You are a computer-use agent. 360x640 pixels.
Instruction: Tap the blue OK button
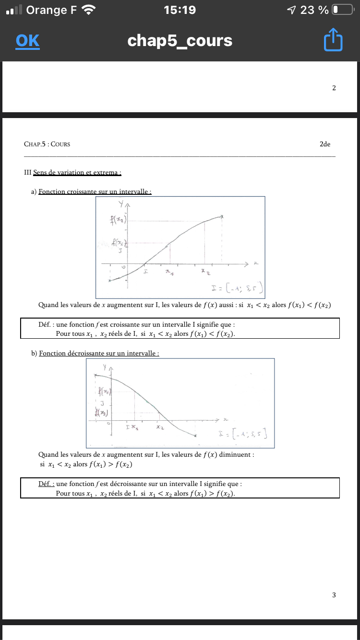pos(27,41)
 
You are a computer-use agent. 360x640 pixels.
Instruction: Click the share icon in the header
pos(333,40)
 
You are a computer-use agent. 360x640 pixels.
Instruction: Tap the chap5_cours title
pos(180,41)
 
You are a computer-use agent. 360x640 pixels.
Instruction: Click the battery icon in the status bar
pos(342,10)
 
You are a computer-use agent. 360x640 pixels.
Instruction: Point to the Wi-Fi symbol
pos(89,10)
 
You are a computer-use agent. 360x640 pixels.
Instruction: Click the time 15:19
pos(180,10)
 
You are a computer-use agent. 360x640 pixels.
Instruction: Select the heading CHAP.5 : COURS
pos(47,144)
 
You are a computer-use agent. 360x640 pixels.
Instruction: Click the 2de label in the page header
pos(324,144)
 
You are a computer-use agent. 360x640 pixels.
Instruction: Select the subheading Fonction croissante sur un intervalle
pos(95,191)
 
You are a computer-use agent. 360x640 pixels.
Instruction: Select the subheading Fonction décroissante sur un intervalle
pos(99,353)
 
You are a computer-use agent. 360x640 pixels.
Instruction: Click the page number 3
pos(334,595)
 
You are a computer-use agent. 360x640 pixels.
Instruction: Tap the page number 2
pos(334,88)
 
